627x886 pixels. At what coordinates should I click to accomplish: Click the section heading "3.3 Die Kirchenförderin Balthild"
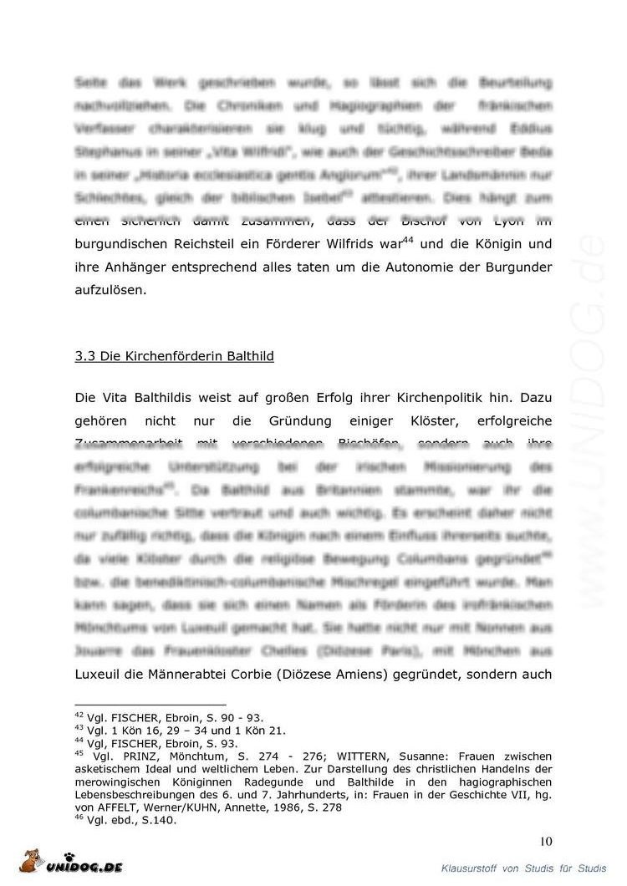pyautogui.click(x=175, y=356)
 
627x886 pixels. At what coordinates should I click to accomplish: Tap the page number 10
pyautogui.click(x=545, y=841)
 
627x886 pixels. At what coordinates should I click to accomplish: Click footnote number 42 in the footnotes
pyautogui.click(x=79, y=716)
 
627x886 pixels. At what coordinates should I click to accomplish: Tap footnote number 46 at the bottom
pyautogui.click(x=79, y=819)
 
